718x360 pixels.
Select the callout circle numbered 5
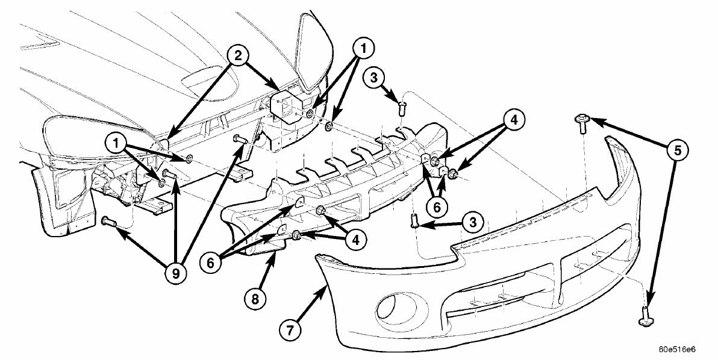677,150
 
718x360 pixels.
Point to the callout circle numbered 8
255,299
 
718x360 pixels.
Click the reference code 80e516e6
677,350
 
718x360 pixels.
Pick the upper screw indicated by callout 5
581,123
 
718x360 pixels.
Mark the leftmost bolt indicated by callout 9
108,222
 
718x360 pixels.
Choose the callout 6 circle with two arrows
437,206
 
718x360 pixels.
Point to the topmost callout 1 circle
363,47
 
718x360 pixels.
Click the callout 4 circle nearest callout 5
514,119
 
